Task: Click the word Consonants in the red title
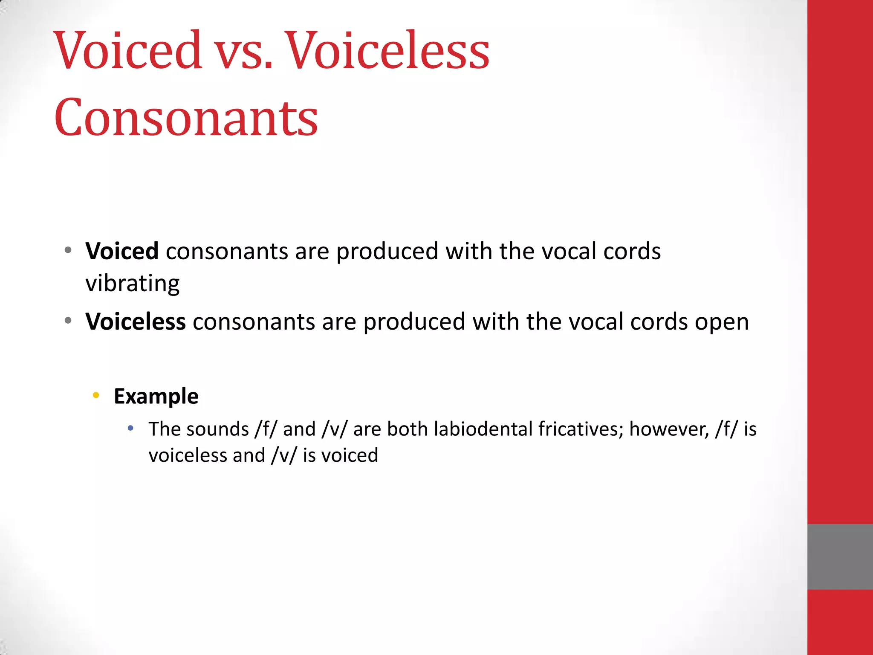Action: click(x=186, y=117)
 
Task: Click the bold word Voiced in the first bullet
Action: click(x=122, y=251)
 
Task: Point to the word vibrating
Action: click(x=133, y=284)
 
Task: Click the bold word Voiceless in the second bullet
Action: click(x=136, y=322)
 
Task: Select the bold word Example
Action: click(x=156, y=396)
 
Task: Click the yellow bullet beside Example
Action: click(x=96, y=395)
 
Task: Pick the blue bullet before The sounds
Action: click(x=131, y=428)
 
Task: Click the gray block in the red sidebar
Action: click(x=840, y=556)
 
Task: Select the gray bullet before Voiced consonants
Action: click(x=68, y=250)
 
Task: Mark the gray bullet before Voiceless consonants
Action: click(x=68, y=321)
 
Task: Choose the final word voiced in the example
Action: click(x=350, y=455)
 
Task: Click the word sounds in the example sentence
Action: click(x=220, y=429)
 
